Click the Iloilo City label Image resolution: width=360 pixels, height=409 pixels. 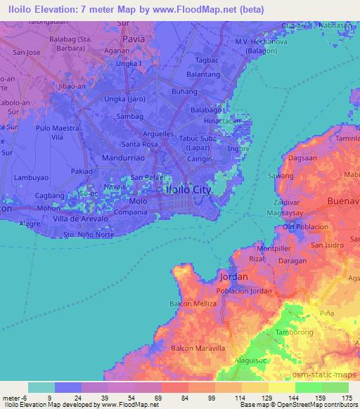coord(187,190)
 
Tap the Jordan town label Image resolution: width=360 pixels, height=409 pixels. coord(233,276)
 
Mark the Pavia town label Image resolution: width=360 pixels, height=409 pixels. coord(133,39)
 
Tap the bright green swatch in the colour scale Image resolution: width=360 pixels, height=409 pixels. coord(308,387)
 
